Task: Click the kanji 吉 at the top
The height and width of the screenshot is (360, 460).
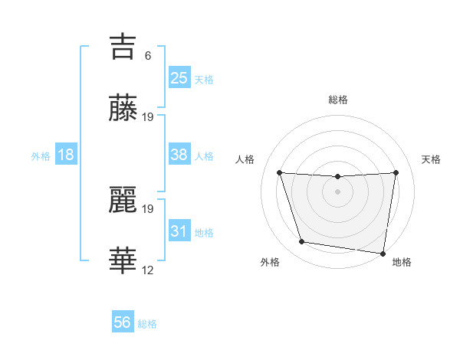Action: click(123, 46)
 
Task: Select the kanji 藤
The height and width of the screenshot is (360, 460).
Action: click(123, 108)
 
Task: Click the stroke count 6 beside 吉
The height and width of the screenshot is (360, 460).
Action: click(148, 55)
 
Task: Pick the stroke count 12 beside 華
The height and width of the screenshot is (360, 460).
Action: click(148, 270)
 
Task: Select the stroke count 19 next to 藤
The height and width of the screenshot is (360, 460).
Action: click(148, 117)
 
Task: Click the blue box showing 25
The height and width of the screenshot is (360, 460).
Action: click(179, 77)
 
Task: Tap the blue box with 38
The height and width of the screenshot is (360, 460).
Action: click(179, 155)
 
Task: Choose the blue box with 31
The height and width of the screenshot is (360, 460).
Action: click(179, 231)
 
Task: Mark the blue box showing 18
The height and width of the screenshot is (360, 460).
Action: click(66, 155)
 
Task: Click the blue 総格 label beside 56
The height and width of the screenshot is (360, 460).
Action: click(147, 324)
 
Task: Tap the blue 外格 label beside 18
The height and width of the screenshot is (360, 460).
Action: click(41, 155)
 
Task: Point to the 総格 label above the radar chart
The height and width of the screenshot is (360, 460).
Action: click(337, 100)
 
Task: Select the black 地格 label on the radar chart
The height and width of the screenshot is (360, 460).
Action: click(402, 262)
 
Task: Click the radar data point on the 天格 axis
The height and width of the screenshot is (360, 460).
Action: click(396, 172)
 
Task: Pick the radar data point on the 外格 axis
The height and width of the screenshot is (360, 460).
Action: click(302, 242)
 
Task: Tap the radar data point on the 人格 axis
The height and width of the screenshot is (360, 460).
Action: click(279, 172)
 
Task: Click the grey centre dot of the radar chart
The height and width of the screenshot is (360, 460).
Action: click(337, 191)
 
